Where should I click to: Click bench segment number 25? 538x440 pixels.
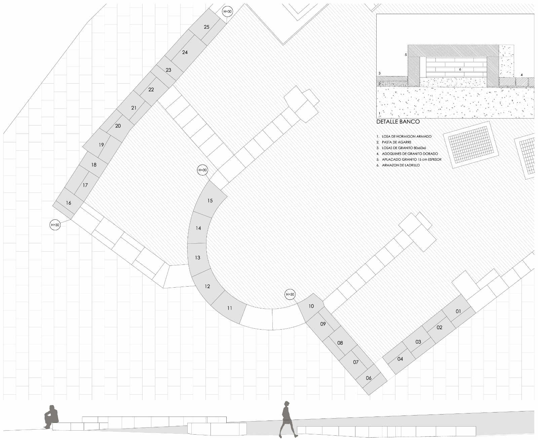207,27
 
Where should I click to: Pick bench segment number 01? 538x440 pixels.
458,311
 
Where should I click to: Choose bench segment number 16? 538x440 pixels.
68,203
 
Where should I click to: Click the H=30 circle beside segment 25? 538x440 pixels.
227,11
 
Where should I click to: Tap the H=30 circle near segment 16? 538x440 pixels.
55,225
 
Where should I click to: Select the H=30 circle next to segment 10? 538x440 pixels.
290,294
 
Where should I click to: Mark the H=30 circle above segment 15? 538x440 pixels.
202,170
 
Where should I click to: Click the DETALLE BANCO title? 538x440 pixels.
398,122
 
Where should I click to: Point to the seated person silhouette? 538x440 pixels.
51,417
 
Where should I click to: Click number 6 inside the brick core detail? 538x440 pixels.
460,69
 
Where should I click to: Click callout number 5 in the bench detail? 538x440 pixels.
406,55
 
